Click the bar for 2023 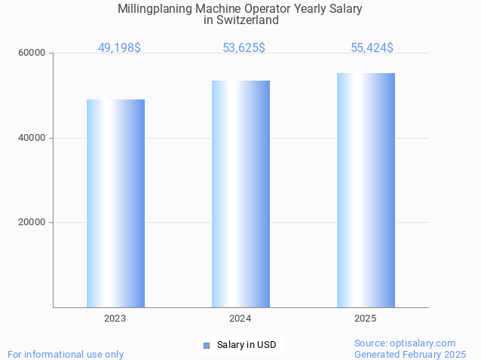pos(115,203)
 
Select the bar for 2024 pos(240,194)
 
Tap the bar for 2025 pos(366,190)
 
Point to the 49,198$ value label pos(119,47)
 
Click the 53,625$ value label pos(244,47)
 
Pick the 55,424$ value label pos(372,47)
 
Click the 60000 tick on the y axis pos(32,53)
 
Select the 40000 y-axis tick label pos(32,138)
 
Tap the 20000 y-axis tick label pos(32,223)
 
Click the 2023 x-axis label pos(115,319)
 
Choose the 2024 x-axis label pos(240,319)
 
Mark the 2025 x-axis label pos(366,319)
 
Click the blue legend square pos(206,345)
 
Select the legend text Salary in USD pos(246,345)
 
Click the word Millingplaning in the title pos(154,9)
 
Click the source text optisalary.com pos(422,343)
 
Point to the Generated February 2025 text pos(410,354)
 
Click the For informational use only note pos(66,354)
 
